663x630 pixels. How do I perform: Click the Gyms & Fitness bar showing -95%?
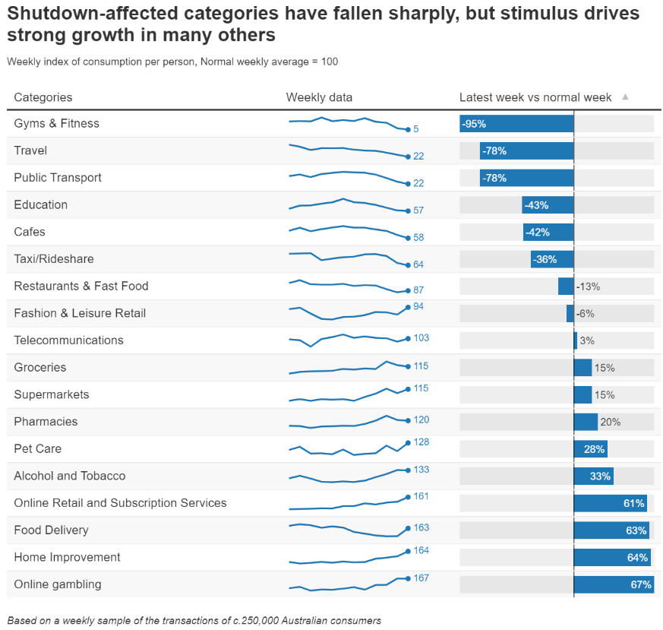(x=516, y=124)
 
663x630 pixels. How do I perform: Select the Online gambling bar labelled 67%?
(x=613, y=584)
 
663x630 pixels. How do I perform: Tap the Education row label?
(x=40, y=204)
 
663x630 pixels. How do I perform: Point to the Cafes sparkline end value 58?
(x=418, y=238)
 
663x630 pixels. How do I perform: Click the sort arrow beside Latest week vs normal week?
(x=625, y=97)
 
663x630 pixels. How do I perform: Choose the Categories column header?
(x=43, y=97)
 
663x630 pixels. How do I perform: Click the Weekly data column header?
(x=319, y=97)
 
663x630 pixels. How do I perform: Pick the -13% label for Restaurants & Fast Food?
(x=588, y=287)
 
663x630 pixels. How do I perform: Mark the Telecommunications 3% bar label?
(x=587, y=341)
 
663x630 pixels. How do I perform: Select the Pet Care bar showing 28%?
(x=590, y=449)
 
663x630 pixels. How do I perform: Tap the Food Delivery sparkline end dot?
(x=408, y=528)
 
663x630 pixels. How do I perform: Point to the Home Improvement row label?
(x=67, y=557)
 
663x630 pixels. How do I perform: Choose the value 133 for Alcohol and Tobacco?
(x=421, y=470)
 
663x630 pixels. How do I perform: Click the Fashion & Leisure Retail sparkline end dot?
(x=408, y=307)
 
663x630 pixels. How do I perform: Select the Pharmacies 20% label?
(x=611, y=422)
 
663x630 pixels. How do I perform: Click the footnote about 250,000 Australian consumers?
(x=194, y=620)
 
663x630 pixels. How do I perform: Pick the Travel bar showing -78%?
(x=526, y=151)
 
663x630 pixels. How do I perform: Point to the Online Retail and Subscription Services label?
(x=120, y=503)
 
